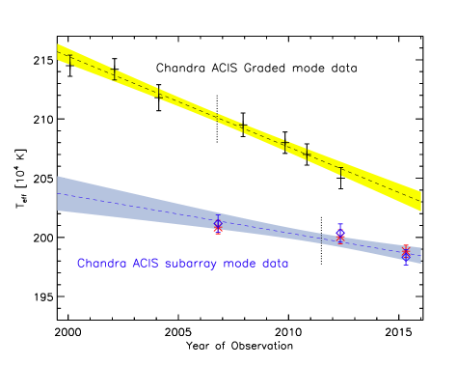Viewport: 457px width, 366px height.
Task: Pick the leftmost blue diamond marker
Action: coord(218,223)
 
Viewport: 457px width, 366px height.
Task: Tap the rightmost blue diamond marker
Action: coord(406,255)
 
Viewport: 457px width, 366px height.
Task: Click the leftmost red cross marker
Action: coord(218,229)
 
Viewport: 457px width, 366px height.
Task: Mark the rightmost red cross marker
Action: coord(406,251)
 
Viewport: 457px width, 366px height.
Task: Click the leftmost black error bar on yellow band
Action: coord(69,60)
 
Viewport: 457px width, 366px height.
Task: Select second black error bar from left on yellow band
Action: coord(114,73)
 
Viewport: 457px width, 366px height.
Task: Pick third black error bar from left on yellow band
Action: coord(159,94)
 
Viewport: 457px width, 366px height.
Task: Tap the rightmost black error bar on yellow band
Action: coord(340,171)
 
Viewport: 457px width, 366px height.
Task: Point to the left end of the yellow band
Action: coord(60,54)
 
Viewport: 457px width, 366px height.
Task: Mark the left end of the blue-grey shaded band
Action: coord(60,193)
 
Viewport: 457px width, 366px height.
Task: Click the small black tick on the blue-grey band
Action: coord(321,235)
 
